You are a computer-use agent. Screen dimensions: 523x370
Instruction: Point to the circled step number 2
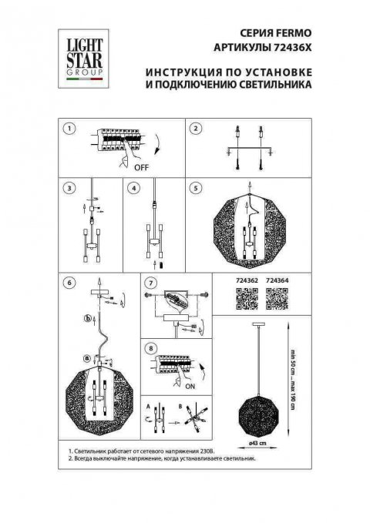(x=196, y=129)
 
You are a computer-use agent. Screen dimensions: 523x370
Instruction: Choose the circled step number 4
(x=133, y=187)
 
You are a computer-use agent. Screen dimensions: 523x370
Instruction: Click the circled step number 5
(x=196, y=187)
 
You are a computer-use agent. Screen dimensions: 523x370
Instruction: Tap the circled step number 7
(x=151, y=283)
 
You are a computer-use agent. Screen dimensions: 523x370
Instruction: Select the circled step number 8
(x=151, y=347)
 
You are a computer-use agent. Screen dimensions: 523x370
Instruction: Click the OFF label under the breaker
(x=141, y=166)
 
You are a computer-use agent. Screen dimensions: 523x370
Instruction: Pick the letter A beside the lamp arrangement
(x=146, y=403)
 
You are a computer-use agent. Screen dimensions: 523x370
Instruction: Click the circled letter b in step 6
(x=87, y=319)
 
